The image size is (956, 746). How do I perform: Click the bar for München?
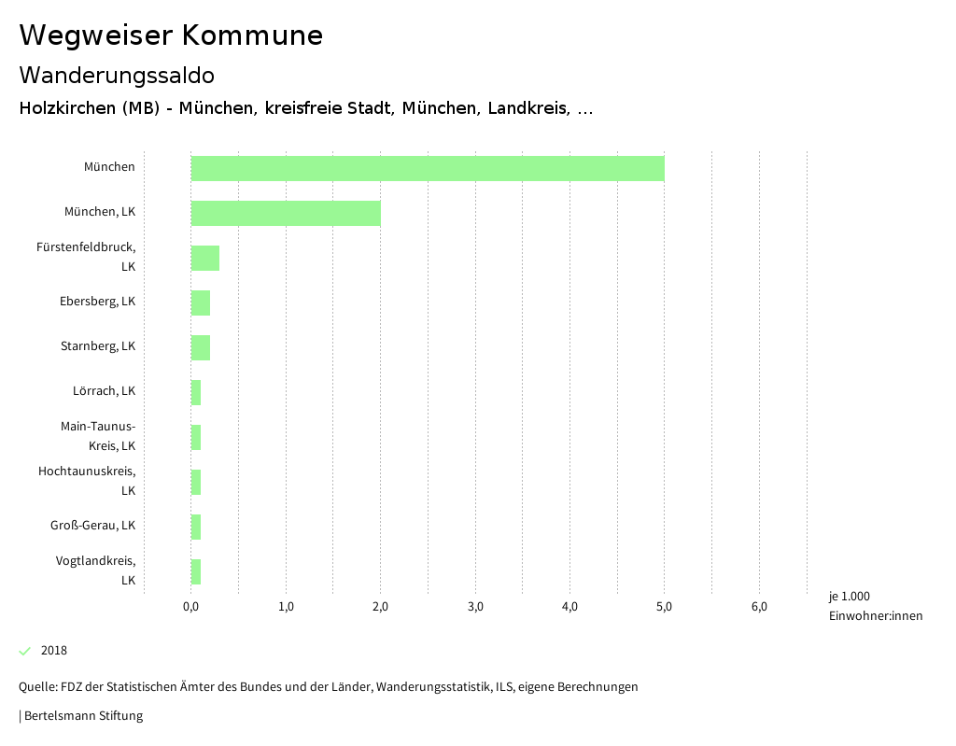pos(428,168)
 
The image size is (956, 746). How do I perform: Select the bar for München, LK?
pos(286,213)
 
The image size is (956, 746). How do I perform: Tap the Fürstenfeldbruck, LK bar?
pos(205,258)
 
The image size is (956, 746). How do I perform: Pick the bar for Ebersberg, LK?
pos(201,303)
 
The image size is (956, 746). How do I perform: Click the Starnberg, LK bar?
pos(201,347)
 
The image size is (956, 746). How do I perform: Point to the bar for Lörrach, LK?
pos(196,392)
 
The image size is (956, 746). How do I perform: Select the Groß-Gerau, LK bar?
pos(196,527)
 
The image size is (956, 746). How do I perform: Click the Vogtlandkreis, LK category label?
pos(95,570)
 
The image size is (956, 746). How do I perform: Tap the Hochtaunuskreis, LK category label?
pos(87,481)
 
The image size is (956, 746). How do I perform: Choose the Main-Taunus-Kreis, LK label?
pos(98,436)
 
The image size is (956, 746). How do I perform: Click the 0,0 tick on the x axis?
pos(190,607)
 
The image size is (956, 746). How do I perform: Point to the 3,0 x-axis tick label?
pos(475,607)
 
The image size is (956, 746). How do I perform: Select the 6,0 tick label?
pos(759,607)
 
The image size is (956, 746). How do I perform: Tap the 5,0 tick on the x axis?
pos(664,607)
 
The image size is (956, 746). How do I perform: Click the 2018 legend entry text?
pos(54,651)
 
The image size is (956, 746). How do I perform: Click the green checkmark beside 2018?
pos(25,651)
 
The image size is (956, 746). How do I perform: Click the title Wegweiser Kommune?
pos(171,35)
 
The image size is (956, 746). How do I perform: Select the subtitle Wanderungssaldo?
pos(117,75)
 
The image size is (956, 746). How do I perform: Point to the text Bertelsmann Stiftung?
pos(83,716)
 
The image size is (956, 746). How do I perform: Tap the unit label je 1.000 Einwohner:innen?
pos(875,606)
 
